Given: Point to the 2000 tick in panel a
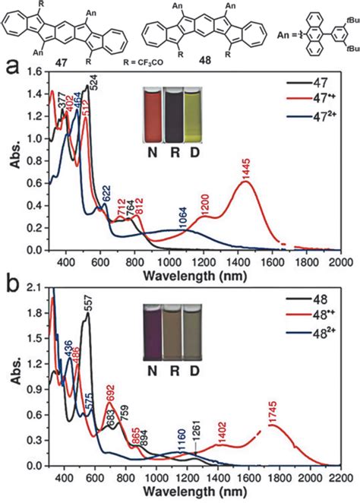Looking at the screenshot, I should (340, 260).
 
